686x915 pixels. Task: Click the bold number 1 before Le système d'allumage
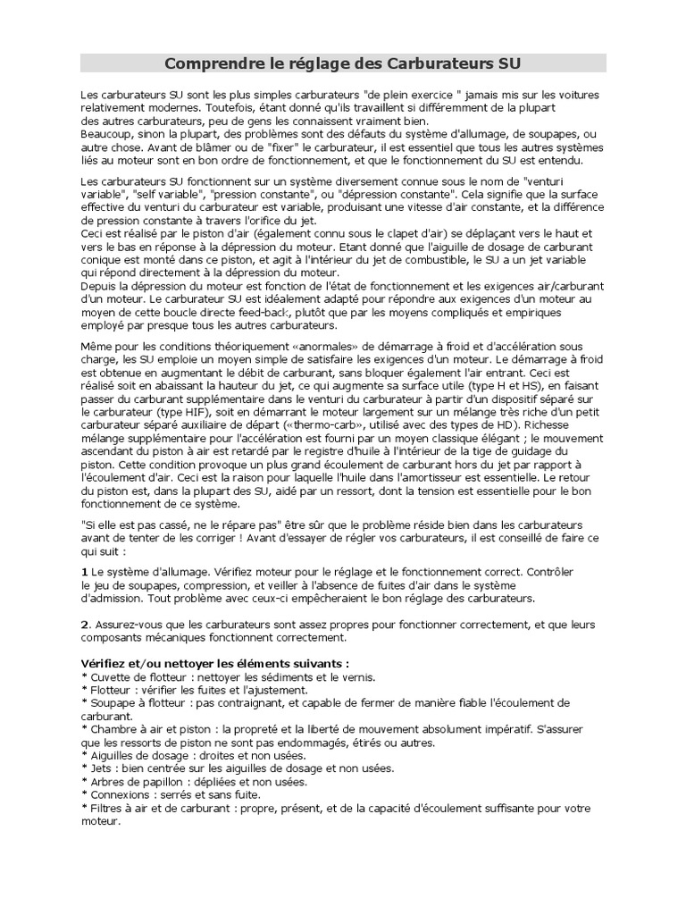point(84,570)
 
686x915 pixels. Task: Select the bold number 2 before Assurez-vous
point(84,624)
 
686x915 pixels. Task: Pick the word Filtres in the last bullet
point(105,808)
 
